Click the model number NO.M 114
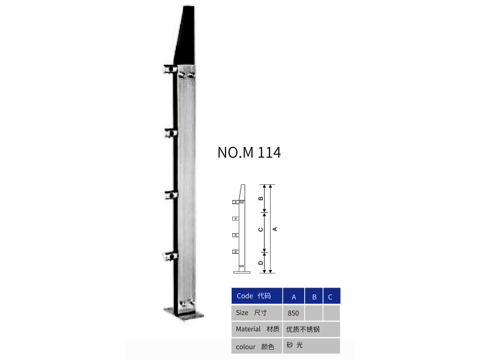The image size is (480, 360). [249, 152]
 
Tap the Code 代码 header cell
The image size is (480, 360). [257, 296]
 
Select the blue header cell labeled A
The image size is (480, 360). [293, 296]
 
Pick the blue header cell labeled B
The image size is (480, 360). [314, 296]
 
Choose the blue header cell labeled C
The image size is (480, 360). [332, 296]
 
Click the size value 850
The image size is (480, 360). [293, 313]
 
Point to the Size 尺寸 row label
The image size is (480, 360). [251, 313]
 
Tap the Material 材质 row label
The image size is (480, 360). [257, 329]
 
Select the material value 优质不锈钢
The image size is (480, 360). [303, 329]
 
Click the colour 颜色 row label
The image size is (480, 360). [254, 347]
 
